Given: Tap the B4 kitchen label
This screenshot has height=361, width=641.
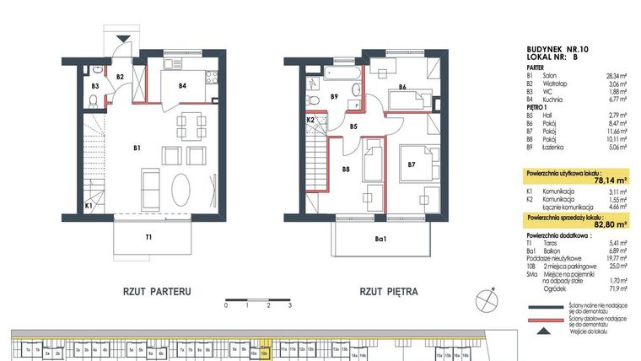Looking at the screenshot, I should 181,84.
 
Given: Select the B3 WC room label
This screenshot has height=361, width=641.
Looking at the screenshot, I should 95,85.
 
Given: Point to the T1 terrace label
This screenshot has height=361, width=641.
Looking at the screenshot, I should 148,237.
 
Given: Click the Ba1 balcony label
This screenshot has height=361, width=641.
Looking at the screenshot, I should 380,239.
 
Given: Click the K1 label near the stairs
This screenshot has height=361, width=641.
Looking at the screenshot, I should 89,205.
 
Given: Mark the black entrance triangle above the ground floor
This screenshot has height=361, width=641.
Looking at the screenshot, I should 125,38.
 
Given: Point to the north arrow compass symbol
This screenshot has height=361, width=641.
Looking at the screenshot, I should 483,299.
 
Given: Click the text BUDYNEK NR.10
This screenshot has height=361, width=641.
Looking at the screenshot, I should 558,50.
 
